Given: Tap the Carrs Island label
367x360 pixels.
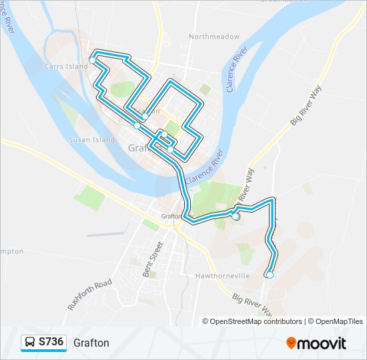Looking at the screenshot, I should point(66,67).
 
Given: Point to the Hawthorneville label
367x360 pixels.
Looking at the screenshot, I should point(222,275).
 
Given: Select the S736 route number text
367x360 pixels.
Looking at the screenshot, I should point(51,343).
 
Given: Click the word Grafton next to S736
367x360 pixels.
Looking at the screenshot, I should point(91,343).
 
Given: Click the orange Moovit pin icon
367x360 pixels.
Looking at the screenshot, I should point(292,343).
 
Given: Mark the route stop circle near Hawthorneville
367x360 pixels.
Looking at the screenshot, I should point(270,275).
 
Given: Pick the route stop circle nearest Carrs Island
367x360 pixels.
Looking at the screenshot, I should point(92,60).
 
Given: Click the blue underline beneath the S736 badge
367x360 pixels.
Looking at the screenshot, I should point(43,351).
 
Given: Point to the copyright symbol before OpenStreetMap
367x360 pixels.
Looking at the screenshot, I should point(206,321).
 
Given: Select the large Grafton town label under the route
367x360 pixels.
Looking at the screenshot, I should point(142,147).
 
